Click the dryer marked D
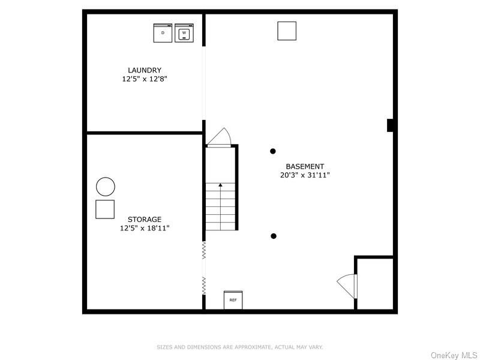pos(163,33)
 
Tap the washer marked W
pos(184,33)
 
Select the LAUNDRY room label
pos(145,70)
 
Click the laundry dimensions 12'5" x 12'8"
pos(145,79)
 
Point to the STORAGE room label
pos(145,220)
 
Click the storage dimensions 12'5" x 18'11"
pos(145,228)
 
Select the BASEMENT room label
pos(305,166)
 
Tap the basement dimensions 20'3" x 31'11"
pos(305,175)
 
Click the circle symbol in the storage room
pos(106,187)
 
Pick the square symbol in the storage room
pos(105,209)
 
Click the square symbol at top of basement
pos(287,31)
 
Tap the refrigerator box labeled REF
pos(233,299)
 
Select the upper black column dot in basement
pos(273,151)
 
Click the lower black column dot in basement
pos(274,236)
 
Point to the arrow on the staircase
pos(220,185)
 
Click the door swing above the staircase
pos(220,137)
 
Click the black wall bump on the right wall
pos(390,125)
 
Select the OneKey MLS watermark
pos(454,355)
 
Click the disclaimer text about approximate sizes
pos(240,347)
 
